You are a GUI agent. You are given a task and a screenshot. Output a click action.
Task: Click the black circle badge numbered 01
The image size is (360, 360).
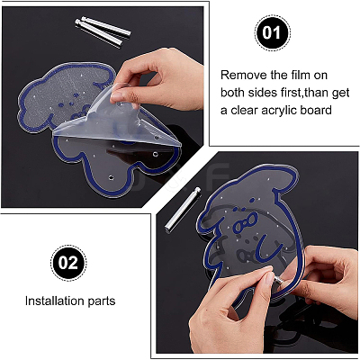(x=273, y=32)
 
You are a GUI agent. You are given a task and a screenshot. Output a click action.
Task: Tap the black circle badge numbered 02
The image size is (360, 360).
(x=68, y=263)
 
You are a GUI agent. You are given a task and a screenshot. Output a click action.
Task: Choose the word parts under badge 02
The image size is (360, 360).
(x=102, y=301)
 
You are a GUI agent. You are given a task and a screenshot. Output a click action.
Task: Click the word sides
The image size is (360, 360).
(x=260, y=93)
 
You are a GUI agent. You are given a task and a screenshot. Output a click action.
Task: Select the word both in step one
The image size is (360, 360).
(x=233, y=93)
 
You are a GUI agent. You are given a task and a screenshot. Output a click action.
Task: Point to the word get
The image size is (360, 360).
(x=340, y=94)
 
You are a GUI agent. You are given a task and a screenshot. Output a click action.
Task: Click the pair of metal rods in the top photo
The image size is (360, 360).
(x=103, y=31)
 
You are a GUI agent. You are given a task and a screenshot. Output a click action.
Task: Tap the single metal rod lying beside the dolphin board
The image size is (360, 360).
(x=182, y=209)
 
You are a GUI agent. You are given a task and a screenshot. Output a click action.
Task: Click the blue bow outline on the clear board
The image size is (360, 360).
(x=246, y=224)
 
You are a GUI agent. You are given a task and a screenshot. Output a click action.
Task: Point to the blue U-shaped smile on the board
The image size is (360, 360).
(x=271, y=247)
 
